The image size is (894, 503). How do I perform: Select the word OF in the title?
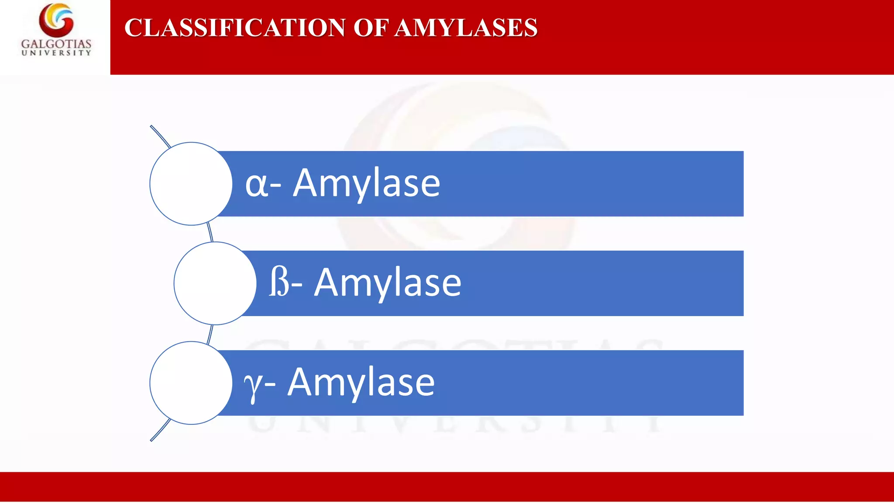pyautogui.click(x=371, y=28)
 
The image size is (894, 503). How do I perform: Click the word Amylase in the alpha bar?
pyautogui.click(x=366, y=183)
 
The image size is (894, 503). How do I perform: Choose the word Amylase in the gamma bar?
pyautogui.click(x=361, y=382)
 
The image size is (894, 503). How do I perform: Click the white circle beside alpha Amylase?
pyautogui.click(x=191, y=184)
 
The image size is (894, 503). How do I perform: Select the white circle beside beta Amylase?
pyautogui.click(x=215, y=283)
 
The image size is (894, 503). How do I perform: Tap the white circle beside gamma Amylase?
pyautogui.click(x=191, y=383)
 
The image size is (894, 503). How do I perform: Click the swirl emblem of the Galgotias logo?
pyautogui.click(x=56, y=20)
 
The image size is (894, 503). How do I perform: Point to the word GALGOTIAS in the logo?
pyautogui.click(x=56, y=44)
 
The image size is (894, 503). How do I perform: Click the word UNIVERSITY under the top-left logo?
pyautogui.click(x=56, y=53)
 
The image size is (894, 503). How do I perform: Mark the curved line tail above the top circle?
pyautogui.click(x=160, y=136)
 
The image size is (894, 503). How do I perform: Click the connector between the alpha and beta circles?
pyautogui.click(x=210, y=233)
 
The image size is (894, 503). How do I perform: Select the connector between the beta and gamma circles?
pyautogui.click(x=210, y=334)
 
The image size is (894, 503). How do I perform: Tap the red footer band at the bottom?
pyautogui.click(x=447, y=486)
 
